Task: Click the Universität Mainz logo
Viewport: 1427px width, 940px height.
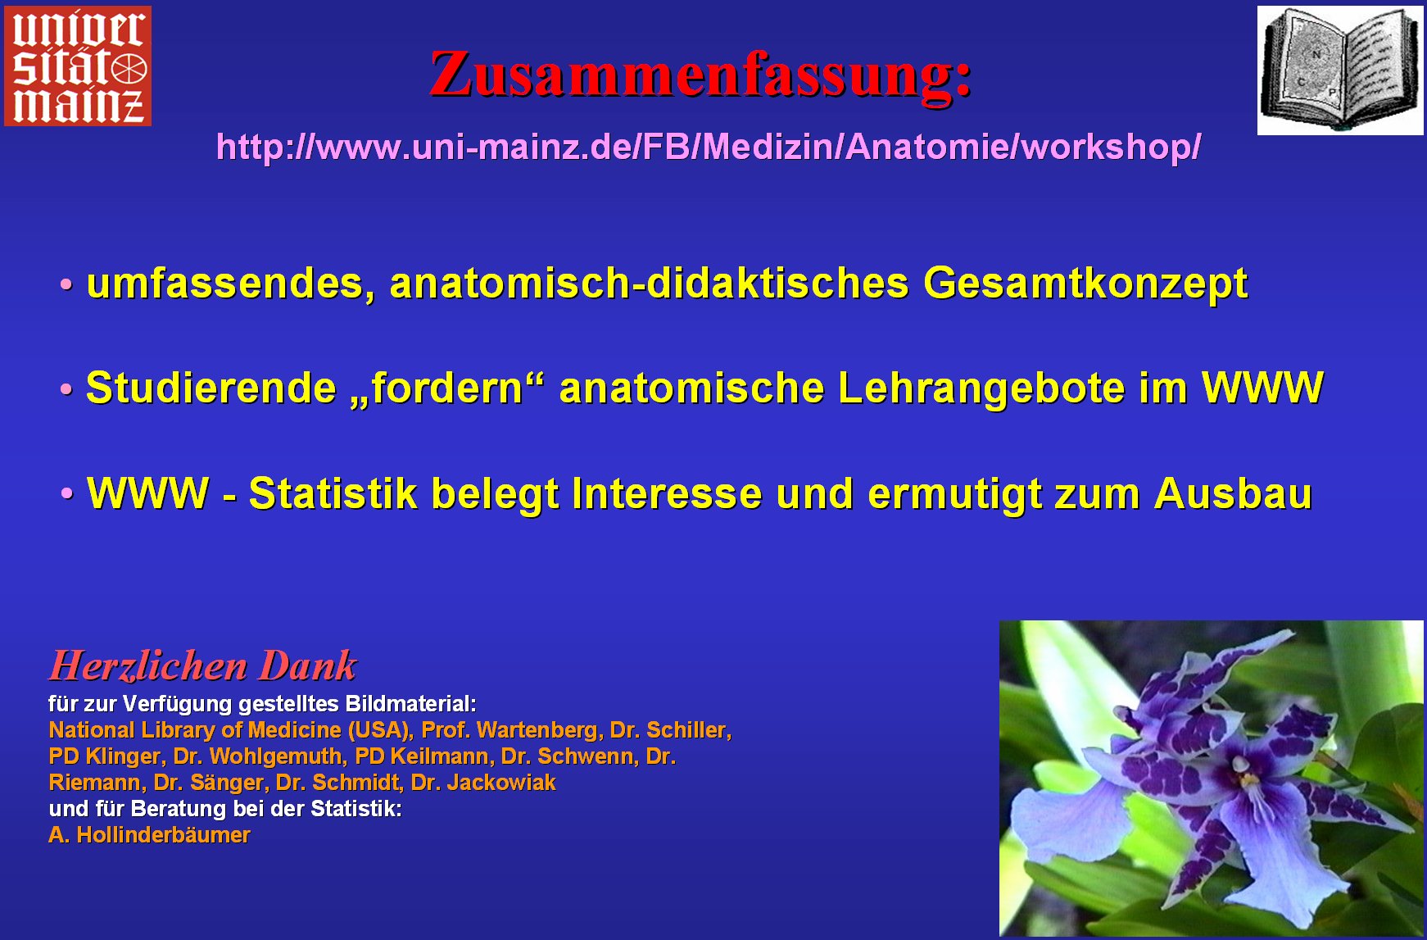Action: click(78, 66)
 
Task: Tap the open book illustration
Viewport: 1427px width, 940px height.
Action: click(1340, 70)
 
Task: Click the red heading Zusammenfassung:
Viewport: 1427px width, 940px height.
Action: click(701, 74)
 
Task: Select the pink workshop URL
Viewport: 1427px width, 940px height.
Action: click(709, 147)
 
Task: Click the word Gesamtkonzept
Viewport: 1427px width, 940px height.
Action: click(1085, 284)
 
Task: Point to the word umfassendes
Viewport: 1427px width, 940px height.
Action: click(231, 284)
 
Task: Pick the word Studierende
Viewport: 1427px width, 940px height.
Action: click(211, 388)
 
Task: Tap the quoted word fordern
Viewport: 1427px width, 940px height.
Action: click(448, 388)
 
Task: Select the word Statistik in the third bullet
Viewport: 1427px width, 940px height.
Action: click(333, 493)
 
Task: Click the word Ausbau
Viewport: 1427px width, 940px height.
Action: click(1233, 493)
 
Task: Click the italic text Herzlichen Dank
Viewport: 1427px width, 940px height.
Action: click(202, 665)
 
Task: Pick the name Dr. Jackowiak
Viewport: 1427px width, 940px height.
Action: click(483, 783)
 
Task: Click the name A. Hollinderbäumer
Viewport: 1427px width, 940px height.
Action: click(149, 835)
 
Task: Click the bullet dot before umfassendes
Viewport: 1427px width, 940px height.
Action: click(66, 285)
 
